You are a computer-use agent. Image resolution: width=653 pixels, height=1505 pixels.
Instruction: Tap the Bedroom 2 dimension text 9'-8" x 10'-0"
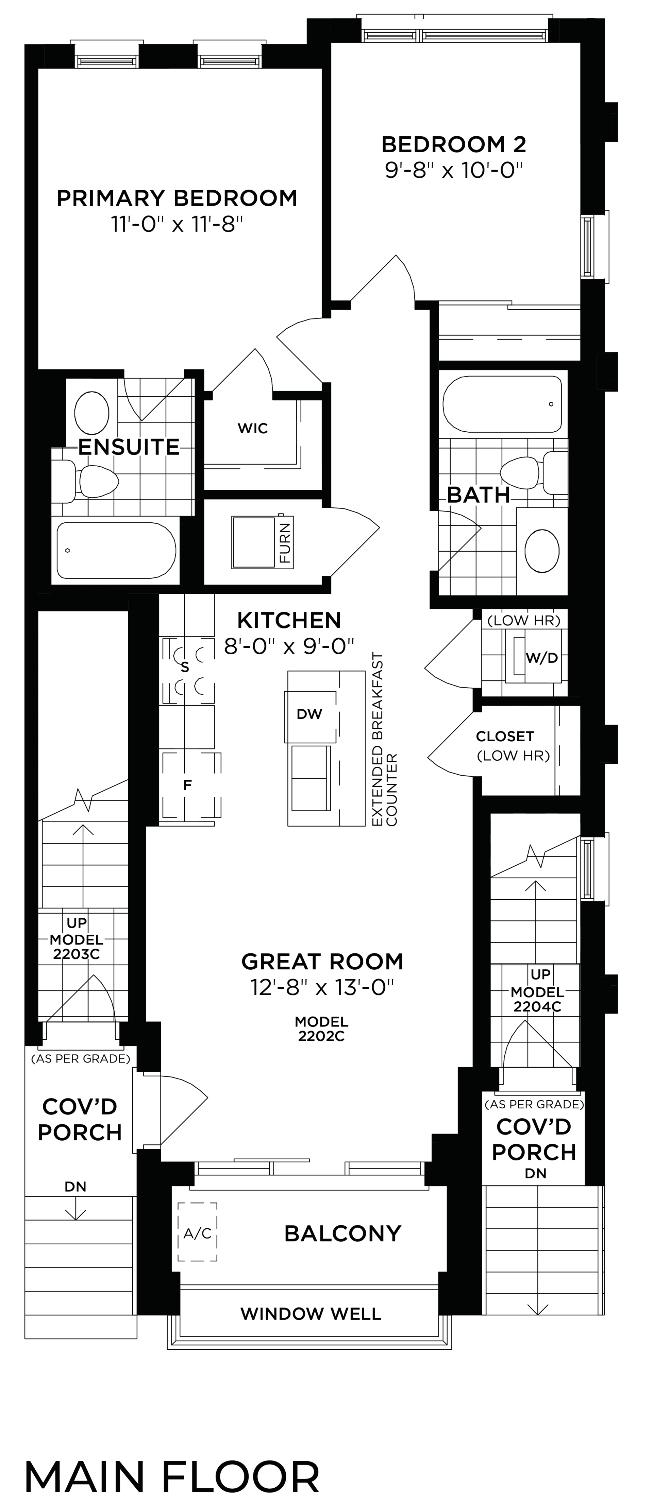tap(453, 171)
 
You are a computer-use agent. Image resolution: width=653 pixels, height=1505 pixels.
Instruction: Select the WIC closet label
tap(253, 428)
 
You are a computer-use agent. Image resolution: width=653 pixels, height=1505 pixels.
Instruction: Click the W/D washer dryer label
tap(541, 658)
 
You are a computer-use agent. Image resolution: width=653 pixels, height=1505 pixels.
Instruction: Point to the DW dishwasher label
tap(309, 714)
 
